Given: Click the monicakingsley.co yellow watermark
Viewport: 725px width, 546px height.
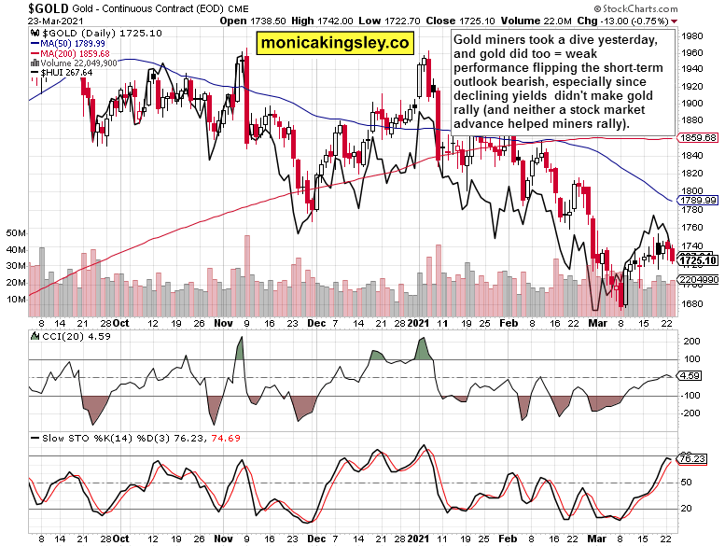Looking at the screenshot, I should point(334,43).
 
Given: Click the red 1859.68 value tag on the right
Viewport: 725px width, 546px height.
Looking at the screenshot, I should point(698,137).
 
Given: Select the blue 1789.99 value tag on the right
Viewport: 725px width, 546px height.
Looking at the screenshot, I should point(698,200).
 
